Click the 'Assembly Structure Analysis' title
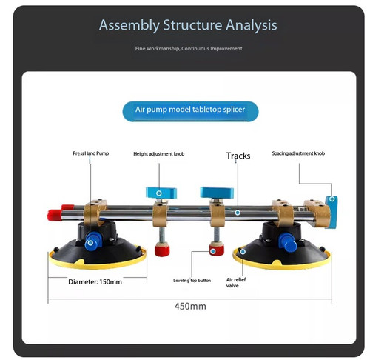pyautogui.click(x=188, y=25)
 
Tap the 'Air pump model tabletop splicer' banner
pyautogui.click(x=190, y=111)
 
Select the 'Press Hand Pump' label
pyautogui.click(x=91, y=153)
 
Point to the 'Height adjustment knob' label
pyautogui.click(x=159, y=154)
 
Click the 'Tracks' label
pyautogui.click(x=238, y=156)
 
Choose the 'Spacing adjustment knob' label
pyautogui.click(x=298, y=153)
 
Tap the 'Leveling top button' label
pyautogui.click(x=192, y=281)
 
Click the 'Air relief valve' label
pyautogui.click(x=236, y=282)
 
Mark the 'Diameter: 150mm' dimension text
pyautogui.click(x=95, y=282)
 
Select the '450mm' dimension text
pyautogui.click(x=190, y=307)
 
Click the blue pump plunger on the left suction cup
pyautogui.click(x=92, y=241)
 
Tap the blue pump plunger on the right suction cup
pyautogui.click(x=288, y=242)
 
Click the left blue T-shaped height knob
pyautogui.click(x=161, y=193)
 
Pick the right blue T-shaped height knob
pyautogui.click(x=217, y=193)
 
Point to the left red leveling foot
pyautogui.click(x=162, y=249)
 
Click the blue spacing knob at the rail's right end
pyautogui.click(x=332, y=212)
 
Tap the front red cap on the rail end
pyautogui.click(x=55, y=216)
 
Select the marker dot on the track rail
pyautogui.click(x=238, y=213)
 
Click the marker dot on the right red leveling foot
pyautogui.click(x=213, y=251)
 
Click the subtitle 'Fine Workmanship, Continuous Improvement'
pyautogui.click(x=189, y=49)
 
